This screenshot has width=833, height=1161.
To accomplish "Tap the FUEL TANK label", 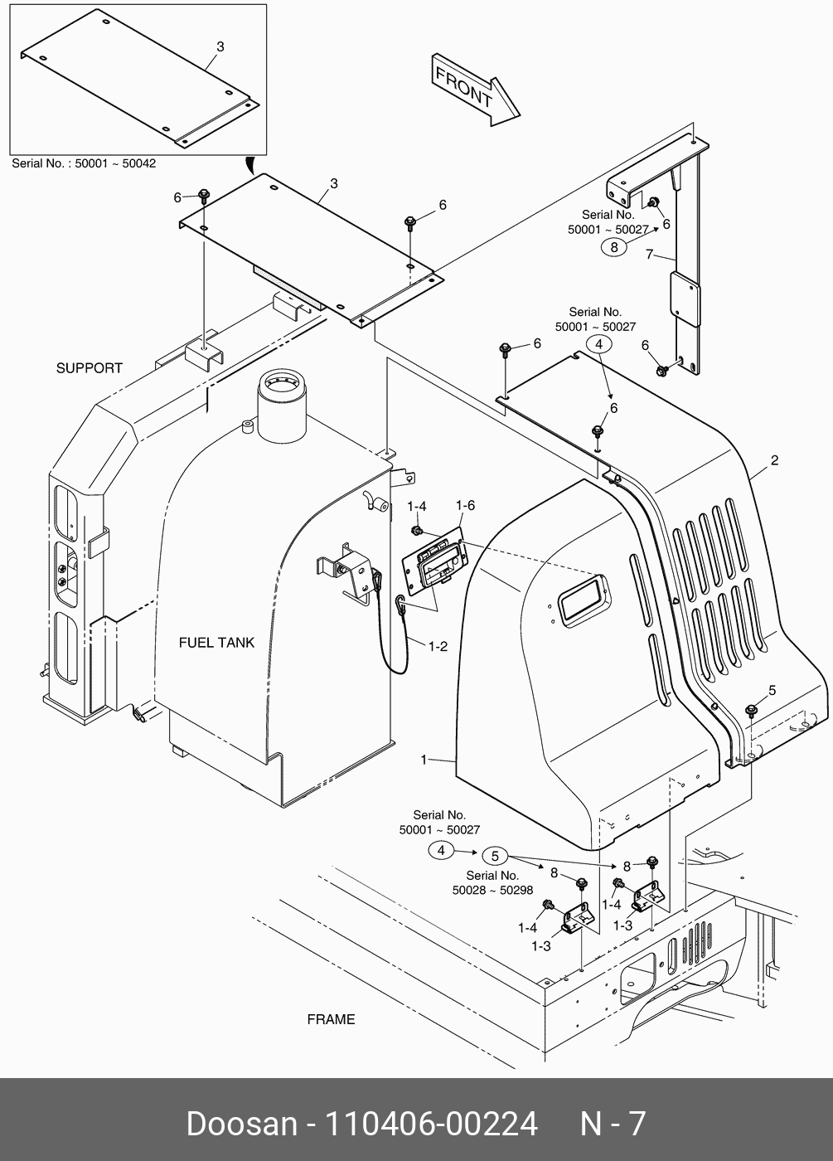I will pyautogui.click(x=216, y=643).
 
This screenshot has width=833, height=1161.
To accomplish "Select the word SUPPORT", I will pyautogui.click(x=89, y=368).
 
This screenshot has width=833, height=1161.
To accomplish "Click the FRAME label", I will pyautogui.click(x=331, y=1019).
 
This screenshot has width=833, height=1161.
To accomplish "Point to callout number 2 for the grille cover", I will pyautogui.click(x=774, y=461).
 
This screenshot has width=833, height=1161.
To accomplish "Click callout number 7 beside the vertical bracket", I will pyautogui.click(x=650, y=255).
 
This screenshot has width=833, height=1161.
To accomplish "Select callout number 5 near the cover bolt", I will pyautogui.click(x=772, y=690).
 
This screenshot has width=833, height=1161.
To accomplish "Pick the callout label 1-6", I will pyautogui.click(x=465, y=506).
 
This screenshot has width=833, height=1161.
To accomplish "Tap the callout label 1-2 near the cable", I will pyautogui.click(x=438, y=646).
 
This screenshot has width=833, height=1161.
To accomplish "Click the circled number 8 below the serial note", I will pyautogui.click(x=614, y=246).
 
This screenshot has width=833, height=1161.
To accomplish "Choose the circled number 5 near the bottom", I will pyautogui.click(x=494, y=856).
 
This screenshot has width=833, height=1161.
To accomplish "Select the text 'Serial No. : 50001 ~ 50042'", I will pyautogui.click(x=84, y=163).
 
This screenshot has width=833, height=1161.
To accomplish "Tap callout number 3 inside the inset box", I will pyautogui.click(x=220, y=47).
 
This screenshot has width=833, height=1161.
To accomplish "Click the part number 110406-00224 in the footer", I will pyautogui.click(x=430, y=1125).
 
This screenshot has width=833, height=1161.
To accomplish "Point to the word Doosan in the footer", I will pyautogui.click(x=241, y=1125).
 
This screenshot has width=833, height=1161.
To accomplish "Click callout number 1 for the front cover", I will pyautogui.click(x=424, y=760).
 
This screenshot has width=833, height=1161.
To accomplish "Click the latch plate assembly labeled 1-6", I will pyautogui.click(x=433, y=564).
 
